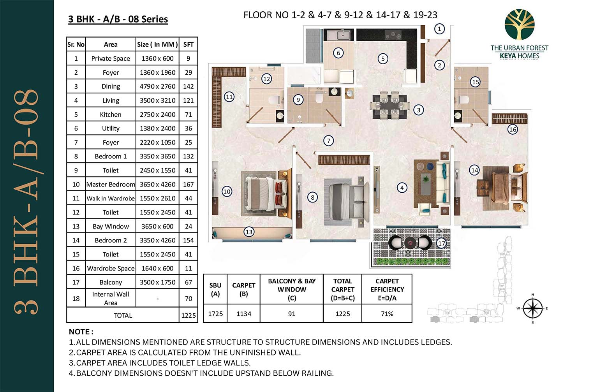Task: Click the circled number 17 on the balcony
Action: [441, 243]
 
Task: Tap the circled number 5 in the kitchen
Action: [383, 59]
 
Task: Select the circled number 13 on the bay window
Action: [249, 232]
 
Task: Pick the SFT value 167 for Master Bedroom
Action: [189, 185]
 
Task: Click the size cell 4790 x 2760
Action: [157, 86]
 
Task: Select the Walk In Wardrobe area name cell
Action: [111, 199]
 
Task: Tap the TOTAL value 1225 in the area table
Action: [189, 315]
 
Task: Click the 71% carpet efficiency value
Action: [387, 314]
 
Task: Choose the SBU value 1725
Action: [215, 314]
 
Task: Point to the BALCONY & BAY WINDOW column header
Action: [292, 290]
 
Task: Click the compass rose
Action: [532, 308]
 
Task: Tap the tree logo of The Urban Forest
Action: [519, 24]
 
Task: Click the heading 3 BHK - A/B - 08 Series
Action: [118, 19]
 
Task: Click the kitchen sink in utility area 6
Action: [342, 35]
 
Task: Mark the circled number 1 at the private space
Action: [439, 29]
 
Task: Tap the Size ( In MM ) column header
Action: [157, 44]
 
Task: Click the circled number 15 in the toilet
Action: [475, 82]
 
